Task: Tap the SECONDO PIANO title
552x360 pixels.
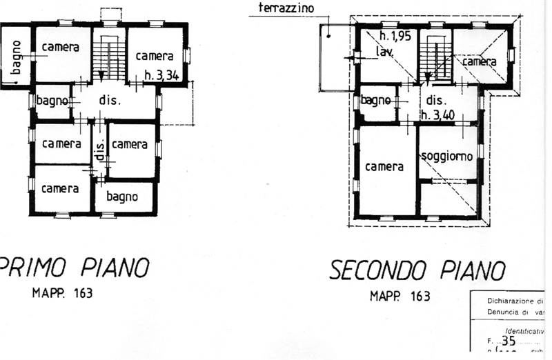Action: tap(417, 270)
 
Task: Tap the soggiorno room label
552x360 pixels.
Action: tap(447, 156)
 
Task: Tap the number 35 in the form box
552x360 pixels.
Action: tap(509, 340)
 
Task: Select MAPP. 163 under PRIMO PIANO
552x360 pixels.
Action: tap(62, 292)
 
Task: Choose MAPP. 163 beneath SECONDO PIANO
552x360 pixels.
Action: tap(400, 296)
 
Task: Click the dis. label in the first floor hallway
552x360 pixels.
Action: tap(110, 100)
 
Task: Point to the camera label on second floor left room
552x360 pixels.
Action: tap(384, 167)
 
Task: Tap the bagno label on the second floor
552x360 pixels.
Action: tap(376, 101)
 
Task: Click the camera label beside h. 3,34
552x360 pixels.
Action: tap(155, 56)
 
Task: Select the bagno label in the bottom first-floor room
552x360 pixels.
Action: tap(122, 197)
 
